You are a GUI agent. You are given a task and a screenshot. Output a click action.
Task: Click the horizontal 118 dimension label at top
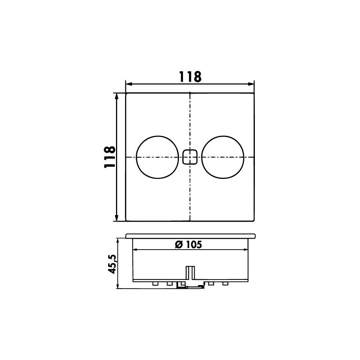pos(190,76)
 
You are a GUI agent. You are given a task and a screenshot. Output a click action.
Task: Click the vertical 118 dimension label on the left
pos(109,157)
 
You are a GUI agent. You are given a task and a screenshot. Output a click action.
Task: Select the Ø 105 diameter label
pos(188,244)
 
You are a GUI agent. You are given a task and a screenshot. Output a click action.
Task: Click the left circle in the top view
pos(157,157)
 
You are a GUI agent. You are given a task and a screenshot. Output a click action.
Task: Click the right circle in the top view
pos(223,157)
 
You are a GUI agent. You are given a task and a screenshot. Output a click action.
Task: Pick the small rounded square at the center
pos(190,157)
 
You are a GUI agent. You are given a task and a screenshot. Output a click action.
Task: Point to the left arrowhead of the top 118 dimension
pos(128,84)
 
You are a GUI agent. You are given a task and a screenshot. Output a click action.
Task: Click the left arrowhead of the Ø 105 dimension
pos(135,250)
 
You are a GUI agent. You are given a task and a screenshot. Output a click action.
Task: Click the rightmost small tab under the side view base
pos(225,284)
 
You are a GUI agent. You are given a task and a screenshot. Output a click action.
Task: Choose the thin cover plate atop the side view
pos(190,236)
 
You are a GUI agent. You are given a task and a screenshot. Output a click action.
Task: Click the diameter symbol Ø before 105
pos(179,245)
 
